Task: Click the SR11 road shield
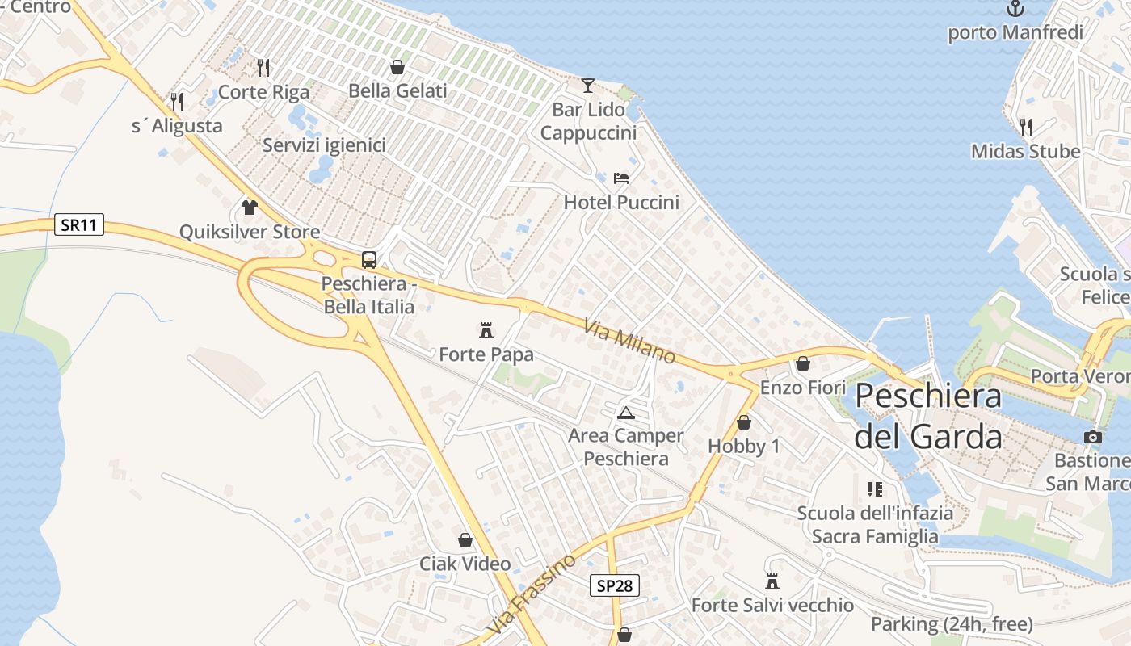[79, 224]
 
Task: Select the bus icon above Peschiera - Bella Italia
[369, 260]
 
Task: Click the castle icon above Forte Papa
[486, 329]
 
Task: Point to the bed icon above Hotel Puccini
[621, 178]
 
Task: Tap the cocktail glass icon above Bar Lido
[588, 85]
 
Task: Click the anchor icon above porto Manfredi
[1015, 9]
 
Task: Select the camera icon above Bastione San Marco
[1092, 437]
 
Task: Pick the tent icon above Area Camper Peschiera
[626, 413]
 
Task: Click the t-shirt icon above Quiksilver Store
[249, 208]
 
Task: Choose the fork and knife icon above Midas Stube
[1025, 127]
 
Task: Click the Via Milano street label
[629, 341]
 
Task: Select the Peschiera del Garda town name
[928, 417]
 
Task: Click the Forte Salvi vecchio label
[772, 605]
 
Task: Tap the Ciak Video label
[465, 564]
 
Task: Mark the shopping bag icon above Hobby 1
[744, 422]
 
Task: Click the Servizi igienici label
[324, 145]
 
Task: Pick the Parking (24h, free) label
[952, 624]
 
